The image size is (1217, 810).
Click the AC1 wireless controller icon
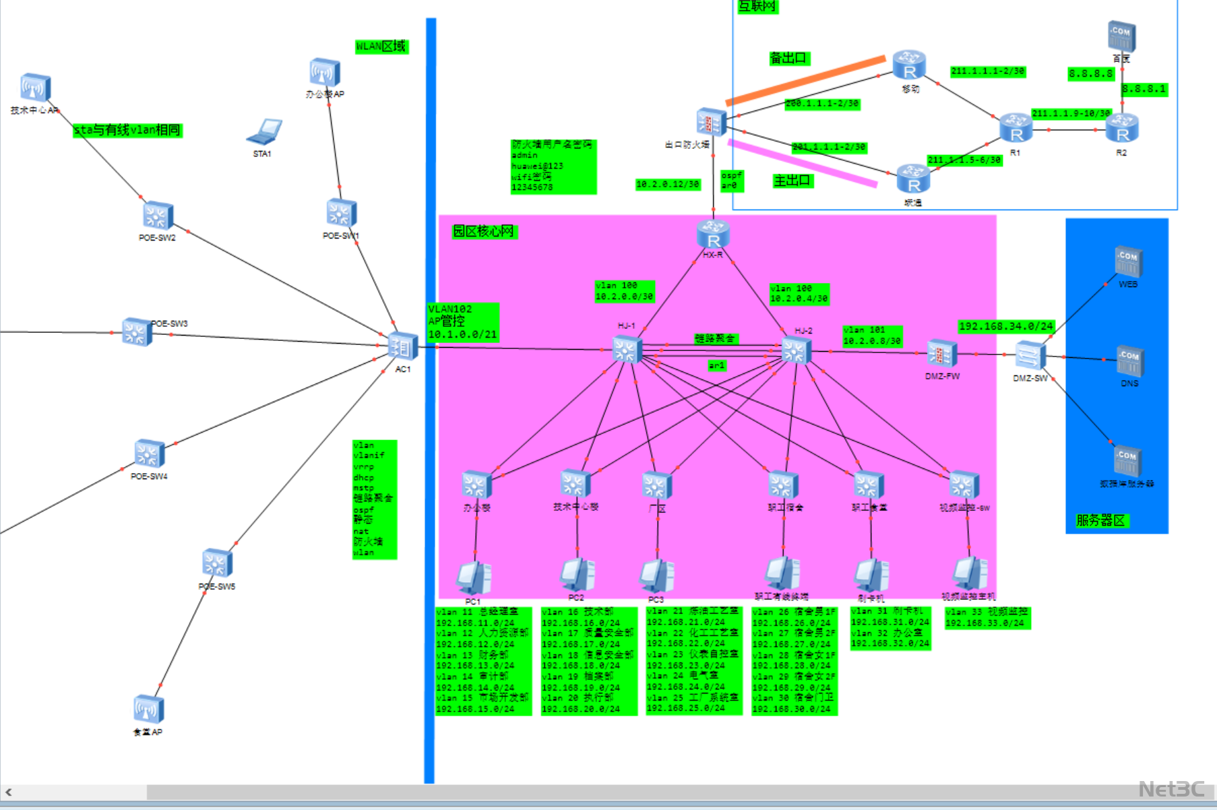coord(403,347)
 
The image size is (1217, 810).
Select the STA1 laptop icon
coord(264,132)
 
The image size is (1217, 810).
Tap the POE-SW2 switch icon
coord(158,216)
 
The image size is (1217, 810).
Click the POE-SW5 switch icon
coord(217,563)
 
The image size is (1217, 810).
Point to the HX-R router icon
coord(713,235)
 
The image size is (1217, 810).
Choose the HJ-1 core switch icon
coord(627,350)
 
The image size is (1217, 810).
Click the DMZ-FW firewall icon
coord(941,354)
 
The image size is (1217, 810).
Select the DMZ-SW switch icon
coord(1030,356)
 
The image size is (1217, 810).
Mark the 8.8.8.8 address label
coord(1090,73)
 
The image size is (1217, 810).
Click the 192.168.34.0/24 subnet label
coord(1005,326)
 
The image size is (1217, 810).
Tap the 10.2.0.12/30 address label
coord(667,184)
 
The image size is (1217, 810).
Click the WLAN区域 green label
coord(381,46)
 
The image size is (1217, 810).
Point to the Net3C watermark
coord(1171,789)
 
